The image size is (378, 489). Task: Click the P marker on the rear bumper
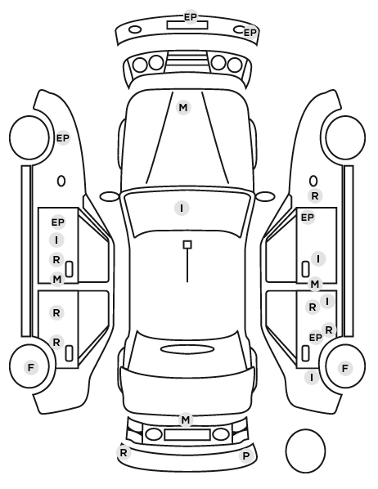coord(246,456)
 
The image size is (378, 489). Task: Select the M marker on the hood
coord(183,108)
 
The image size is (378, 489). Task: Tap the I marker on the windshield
coord(182,208)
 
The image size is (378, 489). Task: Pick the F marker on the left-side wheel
coord(30,367)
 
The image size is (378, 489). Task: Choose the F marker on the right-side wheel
coord(345,368)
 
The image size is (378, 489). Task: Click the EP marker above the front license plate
coord(191,16)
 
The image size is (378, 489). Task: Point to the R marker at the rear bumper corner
coord(124,452)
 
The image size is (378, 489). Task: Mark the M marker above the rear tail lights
coord(186,419)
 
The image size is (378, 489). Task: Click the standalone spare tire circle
coord(305,451)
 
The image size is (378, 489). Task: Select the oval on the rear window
coord(187,349)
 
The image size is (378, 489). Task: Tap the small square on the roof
coord(187,244)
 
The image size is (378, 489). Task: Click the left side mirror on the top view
coord(110,196)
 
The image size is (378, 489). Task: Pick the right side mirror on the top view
coord(265,196)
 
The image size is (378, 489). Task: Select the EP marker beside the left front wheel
coord(63,137)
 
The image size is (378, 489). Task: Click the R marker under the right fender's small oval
coord(315,196)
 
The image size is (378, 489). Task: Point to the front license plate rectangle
coord(187,25)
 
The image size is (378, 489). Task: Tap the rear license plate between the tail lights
coord(187,435)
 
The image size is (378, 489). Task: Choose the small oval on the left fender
coord(61,181)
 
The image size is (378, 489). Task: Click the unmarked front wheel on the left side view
coord(29,137)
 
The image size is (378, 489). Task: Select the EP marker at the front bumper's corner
coord(250,33)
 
